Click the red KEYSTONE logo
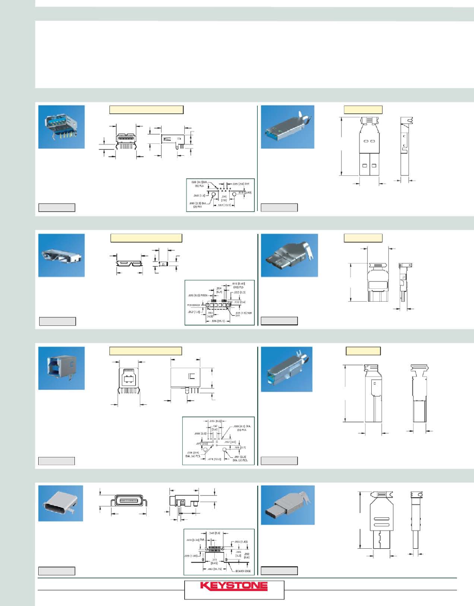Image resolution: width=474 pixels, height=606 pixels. (x=233, y=586)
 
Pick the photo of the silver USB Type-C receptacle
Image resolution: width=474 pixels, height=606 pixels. (x=61, y=503)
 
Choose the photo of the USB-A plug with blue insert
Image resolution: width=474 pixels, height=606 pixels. (x=287, y=127)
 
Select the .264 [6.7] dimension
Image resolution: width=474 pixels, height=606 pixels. (x=218, y=290)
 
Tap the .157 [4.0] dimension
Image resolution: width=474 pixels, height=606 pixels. (x=230, y=441)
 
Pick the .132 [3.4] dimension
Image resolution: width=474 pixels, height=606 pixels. (x=240, y=302)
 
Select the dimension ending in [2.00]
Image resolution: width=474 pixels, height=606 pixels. (x=244, y=192)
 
